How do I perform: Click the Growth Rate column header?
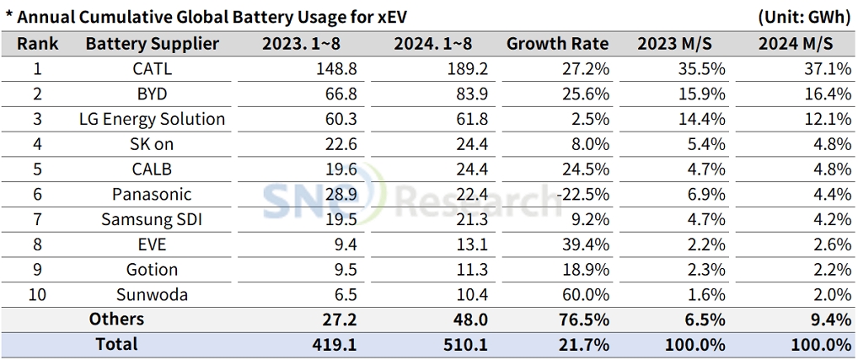pyautogui.click(x=556, y=44)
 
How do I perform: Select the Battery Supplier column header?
pyautogui.click(x=152, y=44)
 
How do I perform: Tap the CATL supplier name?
pyautogui.click(x=152, y=69)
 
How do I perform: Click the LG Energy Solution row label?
pyautogui.click(x=152, y=120)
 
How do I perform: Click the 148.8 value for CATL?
pyautogui.click(x=337, y=69)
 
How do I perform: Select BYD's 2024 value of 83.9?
pyautogui.click(x=469, y=94)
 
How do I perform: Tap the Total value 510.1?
pyautogui.click(x=466, y=345)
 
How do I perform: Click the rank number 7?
pyautogui.click(x=37, y=220)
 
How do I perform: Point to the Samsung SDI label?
pyautogui.click(x=152, y=220)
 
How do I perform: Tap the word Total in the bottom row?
pyautogui.click(x=116, y=345)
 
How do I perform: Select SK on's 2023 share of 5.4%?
pyautogui.click(x=706, y=144)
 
